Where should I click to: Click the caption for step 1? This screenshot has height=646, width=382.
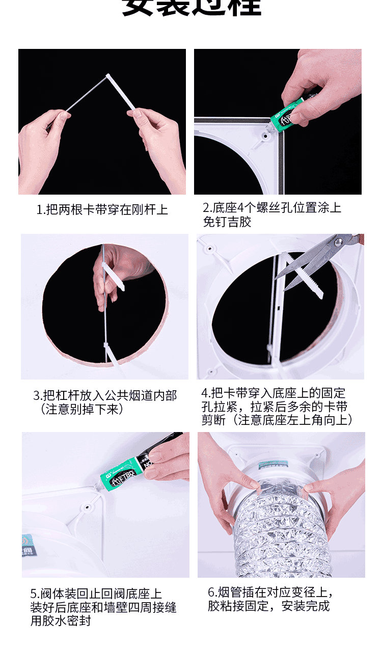point(102,209)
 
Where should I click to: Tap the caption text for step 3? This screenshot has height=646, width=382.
point(105,402)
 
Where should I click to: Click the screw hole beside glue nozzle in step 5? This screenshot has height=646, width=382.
point(90,507)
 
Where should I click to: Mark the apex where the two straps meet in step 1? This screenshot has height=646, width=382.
point(108,76)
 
